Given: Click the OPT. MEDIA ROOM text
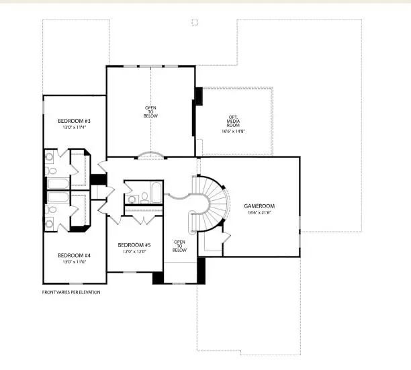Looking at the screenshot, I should pos(232,121).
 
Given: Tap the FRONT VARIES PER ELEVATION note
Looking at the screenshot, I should pos(72,292).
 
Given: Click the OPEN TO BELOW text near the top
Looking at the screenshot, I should pos(150,111).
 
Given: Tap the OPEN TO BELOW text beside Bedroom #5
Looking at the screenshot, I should pos(179,246).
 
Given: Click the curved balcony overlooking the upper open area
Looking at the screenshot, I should pos(150,156).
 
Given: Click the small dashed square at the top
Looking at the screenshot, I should pos(195,22).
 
